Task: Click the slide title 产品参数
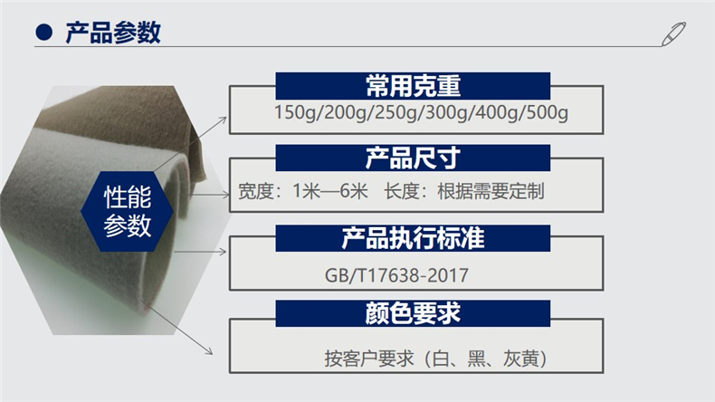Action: point(113,33)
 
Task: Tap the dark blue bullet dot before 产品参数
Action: point(43,32)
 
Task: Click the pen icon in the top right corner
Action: point(673,33)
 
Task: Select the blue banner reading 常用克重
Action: point(413,86)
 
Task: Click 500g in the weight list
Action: point(548,112)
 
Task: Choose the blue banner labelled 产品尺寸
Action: point(413,158)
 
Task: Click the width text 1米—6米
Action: point(330,191)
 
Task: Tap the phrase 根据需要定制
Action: point(491,191)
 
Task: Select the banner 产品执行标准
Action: point(413,238)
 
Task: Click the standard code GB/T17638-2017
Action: point(396,275)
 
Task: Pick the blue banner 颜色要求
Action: point(413,313)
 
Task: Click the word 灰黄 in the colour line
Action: point(521,359)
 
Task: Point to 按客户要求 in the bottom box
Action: point(369,359)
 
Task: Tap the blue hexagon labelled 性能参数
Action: point(128,211)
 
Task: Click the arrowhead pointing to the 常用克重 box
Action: point(223,120)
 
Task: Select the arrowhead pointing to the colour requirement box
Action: point(208,350)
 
